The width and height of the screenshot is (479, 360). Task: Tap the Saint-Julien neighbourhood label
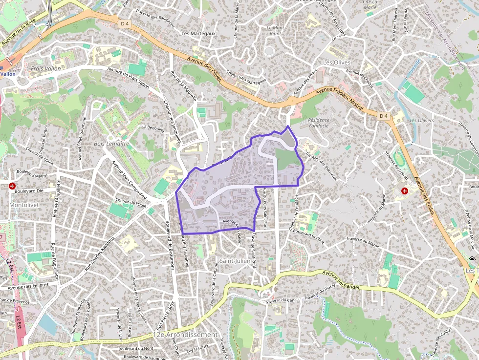[235, 261]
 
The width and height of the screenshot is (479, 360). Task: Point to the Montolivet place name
[24, 205]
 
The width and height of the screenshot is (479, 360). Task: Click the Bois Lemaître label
[111, 144]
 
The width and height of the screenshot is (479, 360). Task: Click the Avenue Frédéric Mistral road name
[340, 101]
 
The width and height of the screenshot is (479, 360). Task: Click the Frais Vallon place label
[45, 69]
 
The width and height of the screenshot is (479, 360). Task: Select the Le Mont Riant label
[275, 31]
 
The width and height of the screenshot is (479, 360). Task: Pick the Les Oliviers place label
[421, 120]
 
